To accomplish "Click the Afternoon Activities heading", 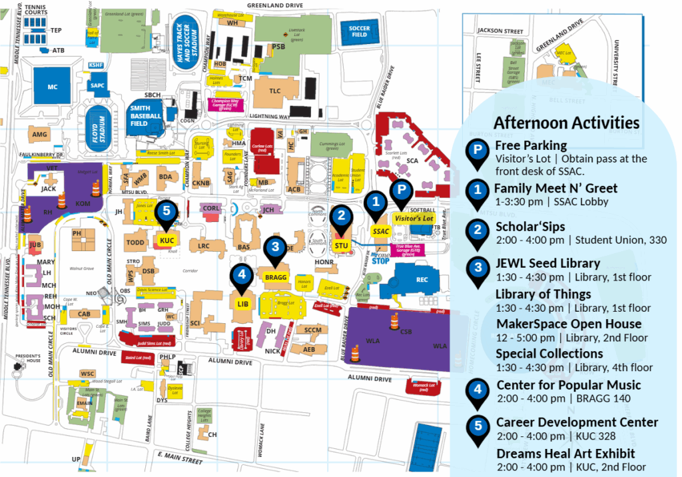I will pyautogui.click(x=566, y=123).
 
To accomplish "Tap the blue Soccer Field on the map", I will pyautogui.click(x=359, y=31).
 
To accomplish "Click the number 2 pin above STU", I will pyautogui.click(x=342, y=216).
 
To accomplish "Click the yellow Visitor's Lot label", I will pyautogui.click(x=414, y=218).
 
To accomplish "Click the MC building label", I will pyautogui.click(x=53, y=87).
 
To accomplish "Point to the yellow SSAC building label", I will pyautogui.click(x=381, y=231).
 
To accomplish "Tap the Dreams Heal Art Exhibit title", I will pyautogui.click(x=565, y=453).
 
